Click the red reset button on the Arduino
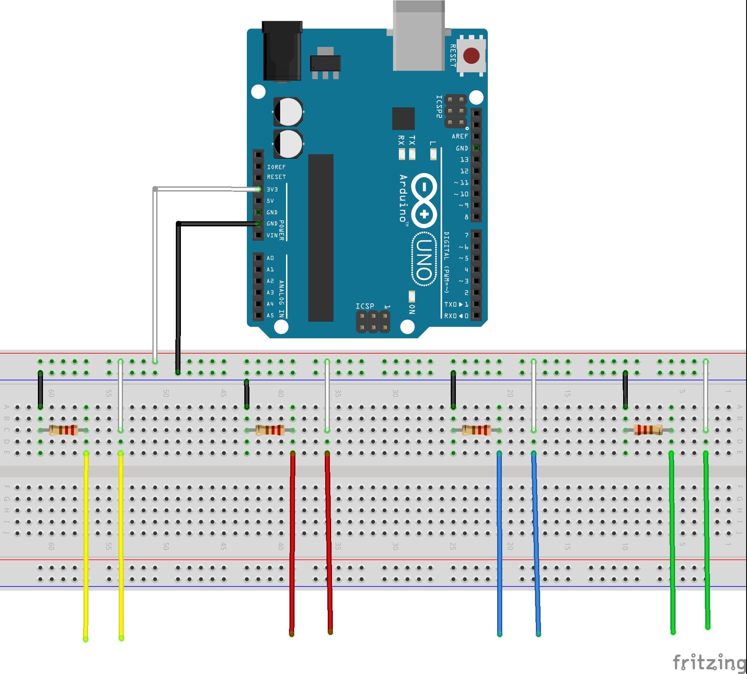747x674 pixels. click(x=471, y=56)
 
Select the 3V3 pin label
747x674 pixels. click(x=272, y=189)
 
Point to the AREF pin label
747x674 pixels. click(x=460, y=137)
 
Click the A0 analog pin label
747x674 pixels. click(x=270, y=258)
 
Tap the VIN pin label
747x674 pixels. click(x=272, y=235)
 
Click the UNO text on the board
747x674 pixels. click(x=424, y=259)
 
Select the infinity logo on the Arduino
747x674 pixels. click(x=424, y=200)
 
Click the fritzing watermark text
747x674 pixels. click(x=709, y=662)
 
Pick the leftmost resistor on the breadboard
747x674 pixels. click(x=63, y=430)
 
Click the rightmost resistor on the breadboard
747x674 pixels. click(x=648, y=430)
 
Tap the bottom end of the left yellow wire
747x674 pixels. click(x=86, y=638)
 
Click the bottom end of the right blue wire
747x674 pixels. click(x=538, y=634)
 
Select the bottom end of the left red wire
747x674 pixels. click(x=292, y=634)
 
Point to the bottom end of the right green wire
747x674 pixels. click(x=708, y=626)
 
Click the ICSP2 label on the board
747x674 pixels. click(x=439, y=106)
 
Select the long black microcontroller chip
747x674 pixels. click(x=321, y=238)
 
